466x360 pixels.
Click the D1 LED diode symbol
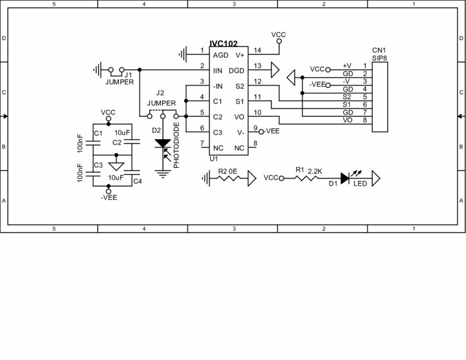(x=345, y=178)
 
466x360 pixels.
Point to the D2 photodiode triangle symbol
(x=162, y=144)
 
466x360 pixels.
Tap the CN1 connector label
(x=378, y=50)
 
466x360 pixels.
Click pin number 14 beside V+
(x=258, y=50)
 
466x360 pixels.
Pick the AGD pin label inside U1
(x=220, y=55)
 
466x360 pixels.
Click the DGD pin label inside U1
(x=236, y=70)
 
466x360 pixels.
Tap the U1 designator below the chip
(x=213, y=159)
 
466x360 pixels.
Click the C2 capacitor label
(x=117, y=142)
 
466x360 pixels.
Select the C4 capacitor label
(x=138, y=181)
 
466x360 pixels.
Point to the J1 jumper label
(x=128, y=74)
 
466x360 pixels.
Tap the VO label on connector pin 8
(x=347, y=120)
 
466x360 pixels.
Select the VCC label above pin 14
(x=279, y=35)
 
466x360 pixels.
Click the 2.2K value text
(x=315, y=170)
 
